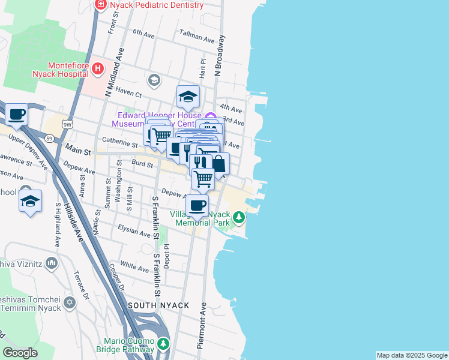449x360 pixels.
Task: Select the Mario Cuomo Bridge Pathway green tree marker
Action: pos(163,344)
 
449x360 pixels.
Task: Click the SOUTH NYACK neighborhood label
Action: pos(159,305)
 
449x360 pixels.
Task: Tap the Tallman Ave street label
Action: pos(196,40)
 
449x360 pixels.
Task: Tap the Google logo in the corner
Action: pos(20,353)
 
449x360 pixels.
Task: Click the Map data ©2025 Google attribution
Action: pos(412,355)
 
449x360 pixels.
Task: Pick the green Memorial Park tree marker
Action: pos(239,217)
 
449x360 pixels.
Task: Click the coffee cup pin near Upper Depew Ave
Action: pos(16,114)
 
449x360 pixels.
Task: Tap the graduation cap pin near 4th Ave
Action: pos(188,96)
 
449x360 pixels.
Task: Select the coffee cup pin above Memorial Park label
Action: pos(197,205)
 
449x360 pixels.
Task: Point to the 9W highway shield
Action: pos(67,125)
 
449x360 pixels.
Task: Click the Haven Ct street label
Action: pos(128,94)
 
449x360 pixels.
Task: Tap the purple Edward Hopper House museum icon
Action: pos(209,116)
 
